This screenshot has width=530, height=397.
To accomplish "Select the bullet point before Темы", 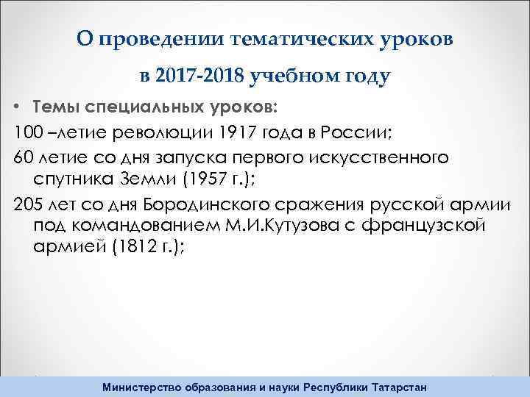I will (16, 108).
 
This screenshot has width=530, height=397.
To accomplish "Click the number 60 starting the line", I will (24, 157).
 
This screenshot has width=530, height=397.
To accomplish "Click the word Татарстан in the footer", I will (395, 387).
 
